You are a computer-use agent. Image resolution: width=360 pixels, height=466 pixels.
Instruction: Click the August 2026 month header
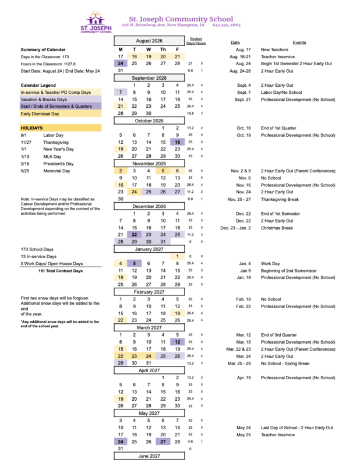(x=149, y=41)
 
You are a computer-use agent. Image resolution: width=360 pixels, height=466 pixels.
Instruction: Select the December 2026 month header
(x=149, y=206)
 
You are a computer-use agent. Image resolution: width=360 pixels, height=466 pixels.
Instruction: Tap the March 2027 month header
(x=149, y=327)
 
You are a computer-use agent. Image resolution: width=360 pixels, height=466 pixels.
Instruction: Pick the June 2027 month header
(x=149, y=456)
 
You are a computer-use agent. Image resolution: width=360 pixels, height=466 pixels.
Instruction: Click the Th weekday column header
(x=163, y=50)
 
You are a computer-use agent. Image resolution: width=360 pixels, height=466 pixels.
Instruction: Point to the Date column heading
(x=235, y=43)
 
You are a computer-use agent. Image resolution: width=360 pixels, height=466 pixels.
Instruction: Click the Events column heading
(x=299, y=43)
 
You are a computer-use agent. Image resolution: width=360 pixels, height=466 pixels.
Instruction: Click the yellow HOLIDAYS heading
(x=32, y=128)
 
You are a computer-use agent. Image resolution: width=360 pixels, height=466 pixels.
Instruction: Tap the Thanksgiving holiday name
(x=57, y=142)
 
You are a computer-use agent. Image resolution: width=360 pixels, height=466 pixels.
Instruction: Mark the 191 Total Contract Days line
(x=61, y=271)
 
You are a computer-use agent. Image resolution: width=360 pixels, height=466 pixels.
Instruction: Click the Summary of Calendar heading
(x=43, y=50)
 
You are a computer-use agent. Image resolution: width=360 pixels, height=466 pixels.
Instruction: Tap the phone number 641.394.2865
(x=227, y=26)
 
